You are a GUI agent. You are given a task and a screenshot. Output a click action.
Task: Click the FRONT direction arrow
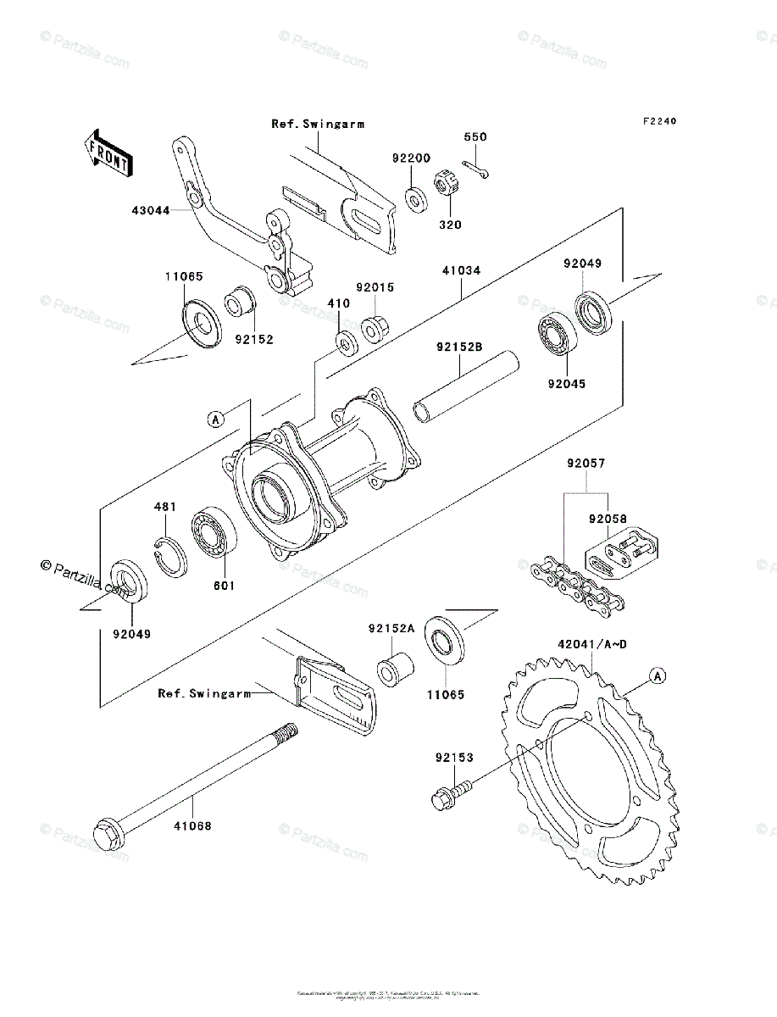pos(107,152)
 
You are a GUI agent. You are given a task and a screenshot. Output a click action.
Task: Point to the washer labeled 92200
pos(416,200)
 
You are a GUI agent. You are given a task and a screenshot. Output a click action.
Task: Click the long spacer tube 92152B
pos(466,383)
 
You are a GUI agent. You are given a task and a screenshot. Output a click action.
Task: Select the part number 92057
pos(586,464)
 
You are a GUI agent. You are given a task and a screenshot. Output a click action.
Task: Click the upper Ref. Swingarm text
pos(318,124)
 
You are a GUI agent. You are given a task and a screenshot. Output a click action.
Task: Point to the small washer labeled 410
pos(345,344)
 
